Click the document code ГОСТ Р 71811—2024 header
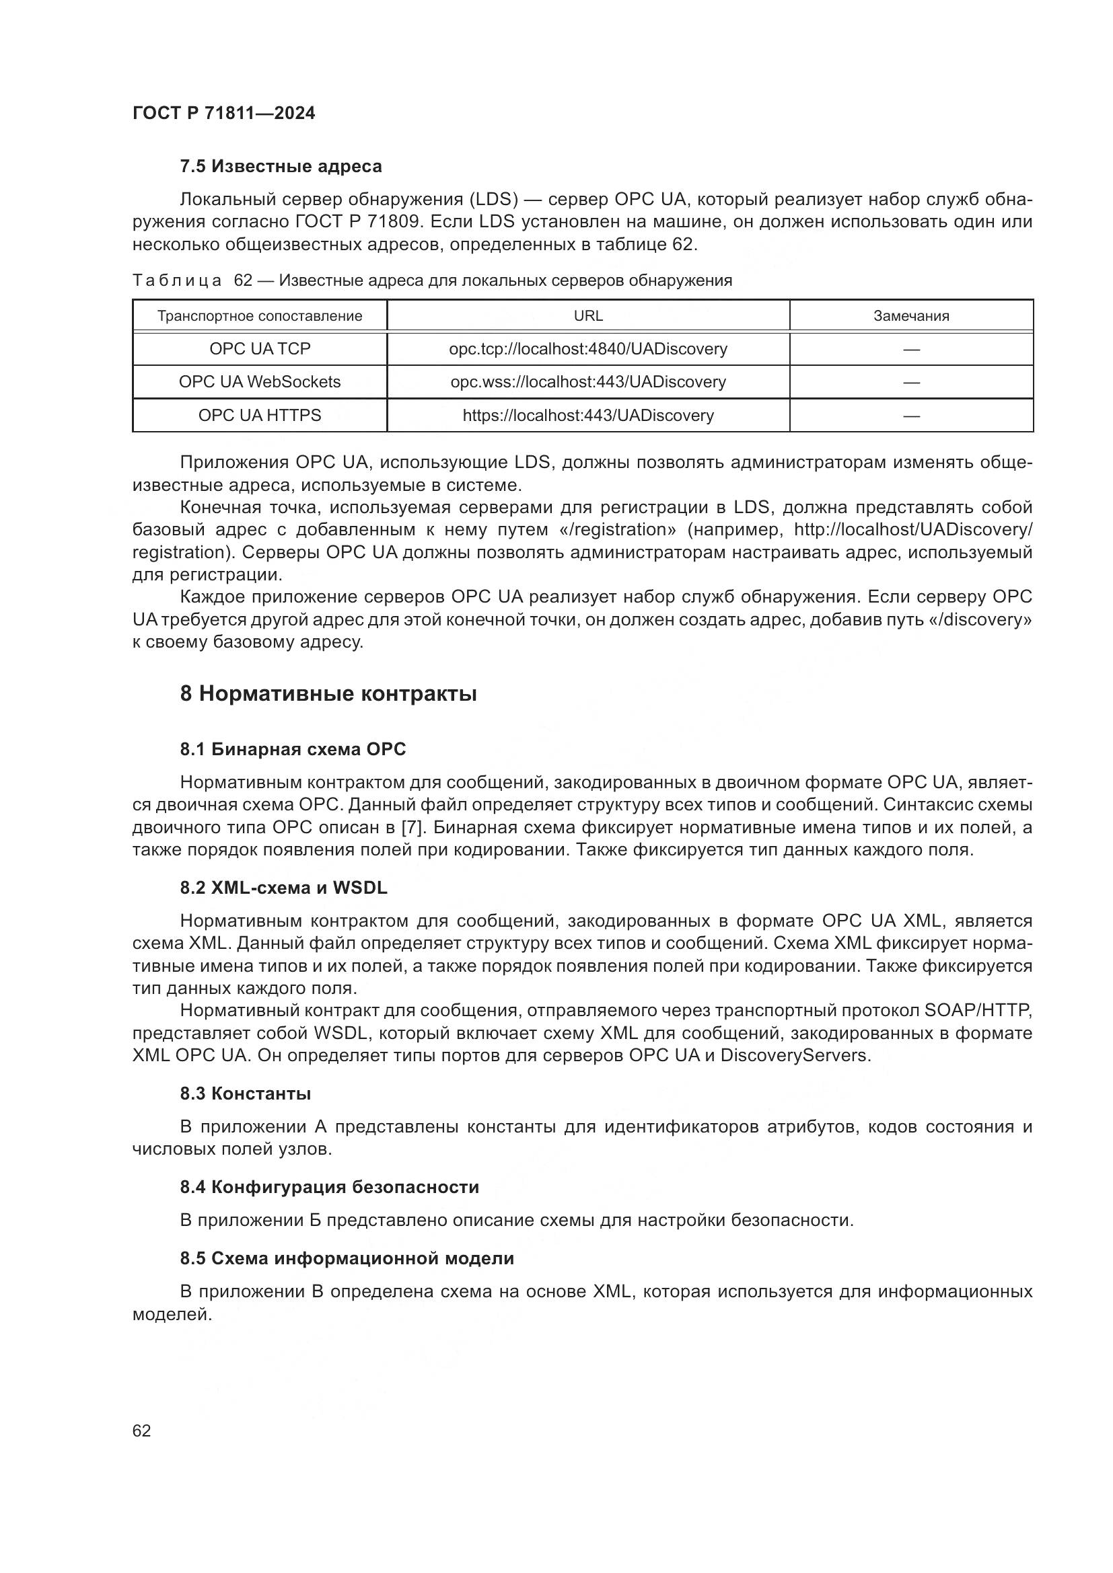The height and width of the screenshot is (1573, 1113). point(223,114)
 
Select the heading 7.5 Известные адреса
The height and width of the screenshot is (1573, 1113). point(281,167)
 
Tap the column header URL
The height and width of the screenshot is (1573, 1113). point(588,316)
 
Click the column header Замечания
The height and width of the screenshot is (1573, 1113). point(911,316)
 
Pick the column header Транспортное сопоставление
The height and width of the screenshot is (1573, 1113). point(260,316)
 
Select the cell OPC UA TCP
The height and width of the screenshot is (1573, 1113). point(260,349)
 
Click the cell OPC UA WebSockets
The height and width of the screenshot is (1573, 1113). point(260,381)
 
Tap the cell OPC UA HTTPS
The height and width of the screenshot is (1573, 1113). point(260,415)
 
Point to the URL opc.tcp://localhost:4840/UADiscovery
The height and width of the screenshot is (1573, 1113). point(588,349)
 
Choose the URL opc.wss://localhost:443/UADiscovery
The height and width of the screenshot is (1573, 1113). point(588,381)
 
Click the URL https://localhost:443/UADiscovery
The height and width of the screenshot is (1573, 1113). point(588,415)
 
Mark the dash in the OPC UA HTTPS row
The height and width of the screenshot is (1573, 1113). point(911,415)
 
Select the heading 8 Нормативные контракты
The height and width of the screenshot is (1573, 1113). point(328,694)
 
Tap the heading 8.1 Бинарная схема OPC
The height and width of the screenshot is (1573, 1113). point(293,749)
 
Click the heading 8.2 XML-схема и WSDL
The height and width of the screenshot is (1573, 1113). point(284,888)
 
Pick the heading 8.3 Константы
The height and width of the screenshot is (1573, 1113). point(246,1094)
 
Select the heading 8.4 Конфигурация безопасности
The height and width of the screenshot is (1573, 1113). point(329,1186)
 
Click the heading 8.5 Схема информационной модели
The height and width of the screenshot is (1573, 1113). point(347,1258)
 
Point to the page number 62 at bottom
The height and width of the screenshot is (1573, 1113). point(142,1430)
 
